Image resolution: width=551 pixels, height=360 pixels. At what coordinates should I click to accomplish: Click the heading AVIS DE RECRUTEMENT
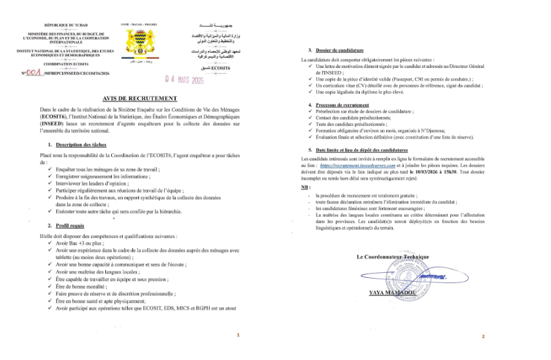143,98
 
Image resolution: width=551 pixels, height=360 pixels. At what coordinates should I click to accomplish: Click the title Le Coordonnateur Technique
393,257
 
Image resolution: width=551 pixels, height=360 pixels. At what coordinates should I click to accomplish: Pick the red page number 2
483,337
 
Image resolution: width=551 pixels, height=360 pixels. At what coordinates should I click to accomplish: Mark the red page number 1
238,335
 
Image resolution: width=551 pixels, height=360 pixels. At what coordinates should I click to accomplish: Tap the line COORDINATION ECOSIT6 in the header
61,65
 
